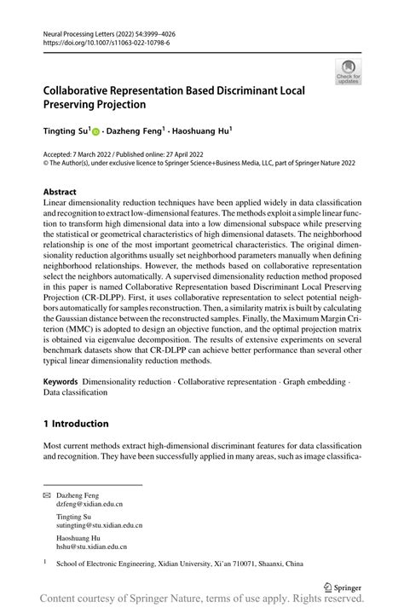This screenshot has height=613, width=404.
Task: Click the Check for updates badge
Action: click(348, 72)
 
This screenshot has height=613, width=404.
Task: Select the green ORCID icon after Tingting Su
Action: click(95, 131)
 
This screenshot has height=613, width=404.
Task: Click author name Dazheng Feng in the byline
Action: click(131, 131)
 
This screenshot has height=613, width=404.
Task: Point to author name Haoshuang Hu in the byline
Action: click(202, 131)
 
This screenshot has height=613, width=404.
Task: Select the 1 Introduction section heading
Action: click(75, 423)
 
